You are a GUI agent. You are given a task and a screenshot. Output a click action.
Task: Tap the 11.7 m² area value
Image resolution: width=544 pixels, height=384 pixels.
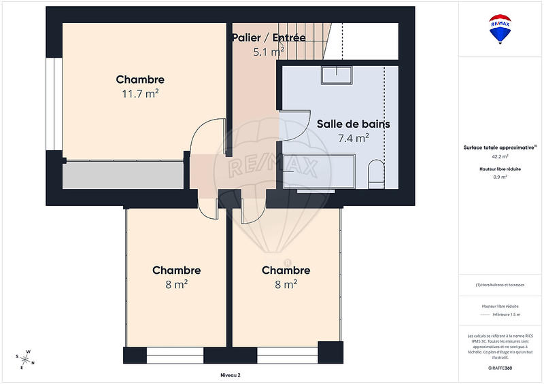pos(140,94)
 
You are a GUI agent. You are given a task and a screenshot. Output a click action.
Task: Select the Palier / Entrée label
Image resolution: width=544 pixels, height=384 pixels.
pos(269,37)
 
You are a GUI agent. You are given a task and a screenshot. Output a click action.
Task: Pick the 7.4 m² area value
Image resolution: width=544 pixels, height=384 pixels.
pos(353,138)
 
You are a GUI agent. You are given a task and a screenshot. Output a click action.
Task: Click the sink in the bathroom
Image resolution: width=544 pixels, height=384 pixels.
pos(337,74)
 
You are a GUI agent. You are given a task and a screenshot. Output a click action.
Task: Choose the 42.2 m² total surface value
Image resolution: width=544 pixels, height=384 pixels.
pos(500,156)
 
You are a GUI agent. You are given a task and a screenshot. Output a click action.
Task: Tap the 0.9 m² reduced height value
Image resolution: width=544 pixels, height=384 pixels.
pos(500,177)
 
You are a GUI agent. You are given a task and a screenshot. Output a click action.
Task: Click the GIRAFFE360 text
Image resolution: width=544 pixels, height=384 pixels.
pos(500,366)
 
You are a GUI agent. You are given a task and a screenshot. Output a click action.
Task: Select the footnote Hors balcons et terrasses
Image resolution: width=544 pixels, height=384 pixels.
pos(500,285)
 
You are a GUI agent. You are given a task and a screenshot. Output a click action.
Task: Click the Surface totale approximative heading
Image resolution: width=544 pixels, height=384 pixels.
pos(500,147)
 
